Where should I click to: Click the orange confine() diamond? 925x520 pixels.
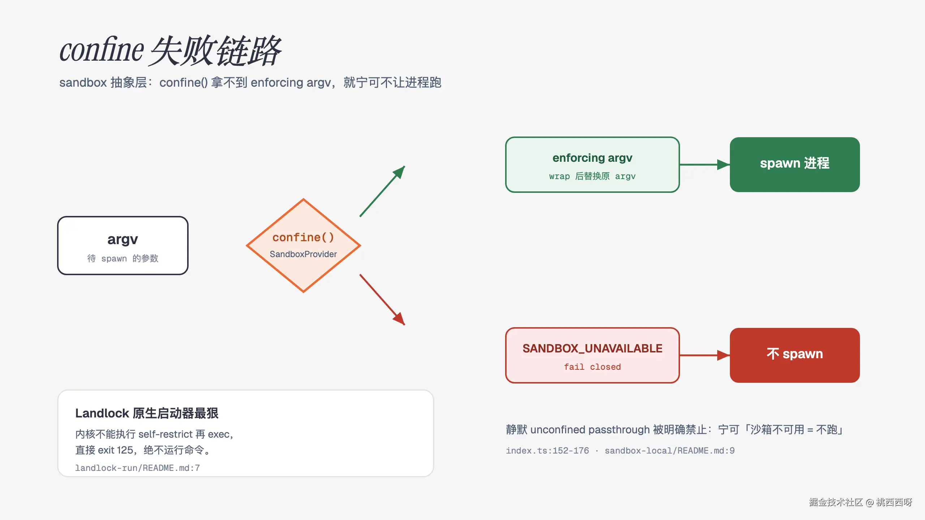click(x=304, y=246)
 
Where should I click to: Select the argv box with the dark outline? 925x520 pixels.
click(x=123, y=246)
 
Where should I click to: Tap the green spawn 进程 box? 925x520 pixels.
click(x=795, y=165)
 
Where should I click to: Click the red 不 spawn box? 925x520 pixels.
click(x=795, y=355)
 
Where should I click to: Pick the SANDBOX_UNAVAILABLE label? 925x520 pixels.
click(x=593, y=348)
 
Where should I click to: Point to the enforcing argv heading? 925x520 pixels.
click(x=593, y=158)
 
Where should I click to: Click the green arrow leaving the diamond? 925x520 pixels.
click(x=382, y=191)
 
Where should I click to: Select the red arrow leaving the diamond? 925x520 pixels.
click(x=382, y=300)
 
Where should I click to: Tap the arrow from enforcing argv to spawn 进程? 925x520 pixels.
click(x=705, y=165)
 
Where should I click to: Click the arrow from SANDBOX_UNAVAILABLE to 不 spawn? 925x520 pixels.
click(x=705, y=355)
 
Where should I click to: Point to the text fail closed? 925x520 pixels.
click(x=593, y=367)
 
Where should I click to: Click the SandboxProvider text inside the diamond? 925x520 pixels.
click(x=303, y=254)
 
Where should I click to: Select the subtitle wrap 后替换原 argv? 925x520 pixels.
click(x=593, y=176)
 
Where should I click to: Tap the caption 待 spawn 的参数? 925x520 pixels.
click(x=123, y=259)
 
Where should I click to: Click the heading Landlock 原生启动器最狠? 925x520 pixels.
click(x=147, y=413)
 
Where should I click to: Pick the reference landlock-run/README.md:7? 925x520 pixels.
click(x=137, y=468)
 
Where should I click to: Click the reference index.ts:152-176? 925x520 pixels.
click(x=547, y=451)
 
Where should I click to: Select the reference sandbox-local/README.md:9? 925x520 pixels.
click(x=670, y=451)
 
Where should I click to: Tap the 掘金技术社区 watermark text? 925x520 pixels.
click(x=836, y=502)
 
